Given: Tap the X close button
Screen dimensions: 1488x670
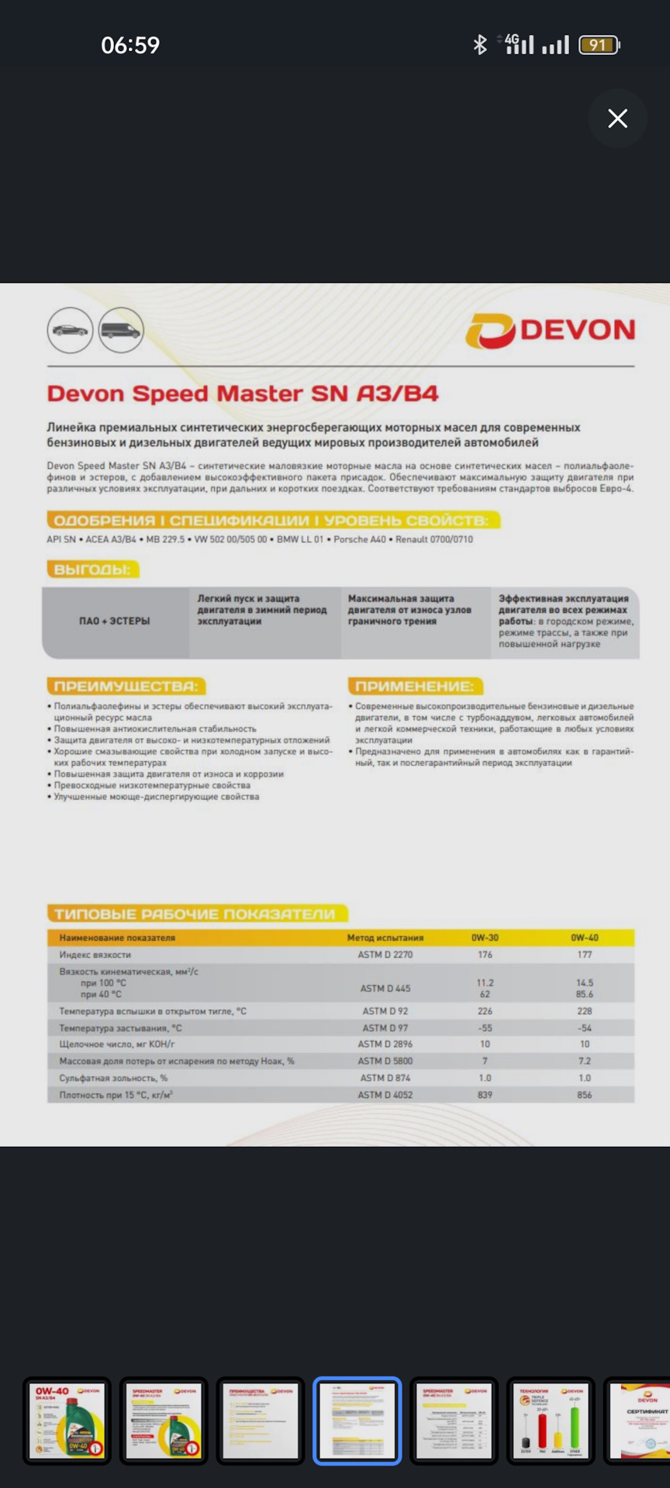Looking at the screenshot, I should pos(617,119).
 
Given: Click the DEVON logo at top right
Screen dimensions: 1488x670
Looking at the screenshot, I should pos(551,331).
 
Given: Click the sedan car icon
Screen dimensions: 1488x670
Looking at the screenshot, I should pos(70,330).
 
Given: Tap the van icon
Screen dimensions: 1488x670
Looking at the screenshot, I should pos(121,331).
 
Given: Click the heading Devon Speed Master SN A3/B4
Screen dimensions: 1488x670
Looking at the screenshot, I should pos(243,394).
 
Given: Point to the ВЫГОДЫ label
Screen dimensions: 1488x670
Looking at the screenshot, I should pos(92,570).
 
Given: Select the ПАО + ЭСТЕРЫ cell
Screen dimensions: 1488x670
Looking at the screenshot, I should pos(115,621).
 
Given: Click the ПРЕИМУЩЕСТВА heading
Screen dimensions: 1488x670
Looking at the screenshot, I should pos(126,686).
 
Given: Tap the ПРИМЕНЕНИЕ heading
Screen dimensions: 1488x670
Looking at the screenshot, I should pos(414,686).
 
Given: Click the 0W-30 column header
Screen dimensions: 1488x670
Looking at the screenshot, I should pos(485,938).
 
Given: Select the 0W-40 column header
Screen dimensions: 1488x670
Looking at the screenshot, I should pos(585,938).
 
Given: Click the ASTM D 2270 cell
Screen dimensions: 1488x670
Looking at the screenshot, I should pos(385,955).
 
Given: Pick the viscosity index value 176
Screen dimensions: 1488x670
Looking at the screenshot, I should pos(485,955).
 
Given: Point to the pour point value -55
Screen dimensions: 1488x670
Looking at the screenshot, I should pos(485,1028).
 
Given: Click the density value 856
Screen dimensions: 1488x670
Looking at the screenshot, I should pos(585,1095).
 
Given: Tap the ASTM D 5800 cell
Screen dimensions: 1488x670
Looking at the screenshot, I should pos(385,1061).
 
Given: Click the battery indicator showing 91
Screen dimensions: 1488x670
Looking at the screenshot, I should pos(599,45).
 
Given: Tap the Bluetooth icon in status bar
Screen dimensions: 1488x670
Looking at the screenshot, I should pos(480,45).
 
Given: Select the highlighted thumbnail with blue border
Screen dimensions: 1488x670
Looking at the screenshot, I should pos(357,1421).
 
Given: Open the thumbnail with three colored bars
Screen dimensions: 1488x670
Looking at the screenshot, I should pos(551,1421).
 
